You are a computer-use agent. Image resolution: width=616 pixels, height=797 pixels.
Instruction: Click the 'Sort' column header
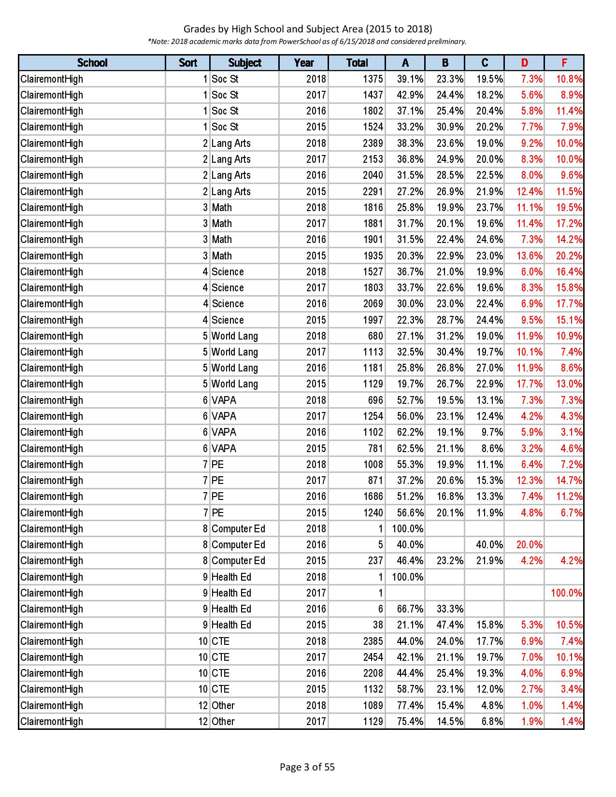[188, 63]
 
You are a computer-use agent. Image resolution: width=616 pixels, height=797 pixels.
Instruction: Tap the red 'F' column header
[564, 63]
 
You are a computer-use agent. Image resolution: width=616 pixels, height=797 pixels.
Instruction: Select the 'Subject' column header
[244, 63]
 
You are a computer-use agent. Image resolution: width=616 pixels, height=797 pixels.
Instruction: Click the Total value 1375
[373, 79]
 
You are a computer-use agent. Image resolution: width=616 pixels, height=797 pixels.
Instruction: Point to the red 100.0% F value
[567, 593]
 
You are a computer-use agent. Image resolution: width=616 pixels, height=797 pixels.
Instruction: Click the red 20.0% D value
[530, 545]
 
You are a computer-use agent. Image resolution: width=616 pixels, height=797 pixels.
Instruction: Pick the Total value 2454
[373, 657]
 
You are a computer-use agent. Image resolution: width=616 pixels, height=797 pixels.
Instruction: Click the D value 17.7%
[530, 384]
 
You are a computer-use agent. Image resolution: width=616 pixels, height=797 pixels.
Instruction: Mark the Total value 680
[375, 336]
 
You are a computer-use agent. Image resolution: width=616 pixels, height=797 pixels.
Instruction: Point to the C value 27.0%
[489, 368]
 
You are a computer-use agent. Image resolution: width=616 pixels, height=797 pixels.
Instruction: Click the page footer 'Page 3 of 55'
[307, 767]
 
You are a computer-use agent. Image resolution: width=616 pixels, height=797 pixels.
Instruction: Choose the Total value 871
[375, 481]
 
